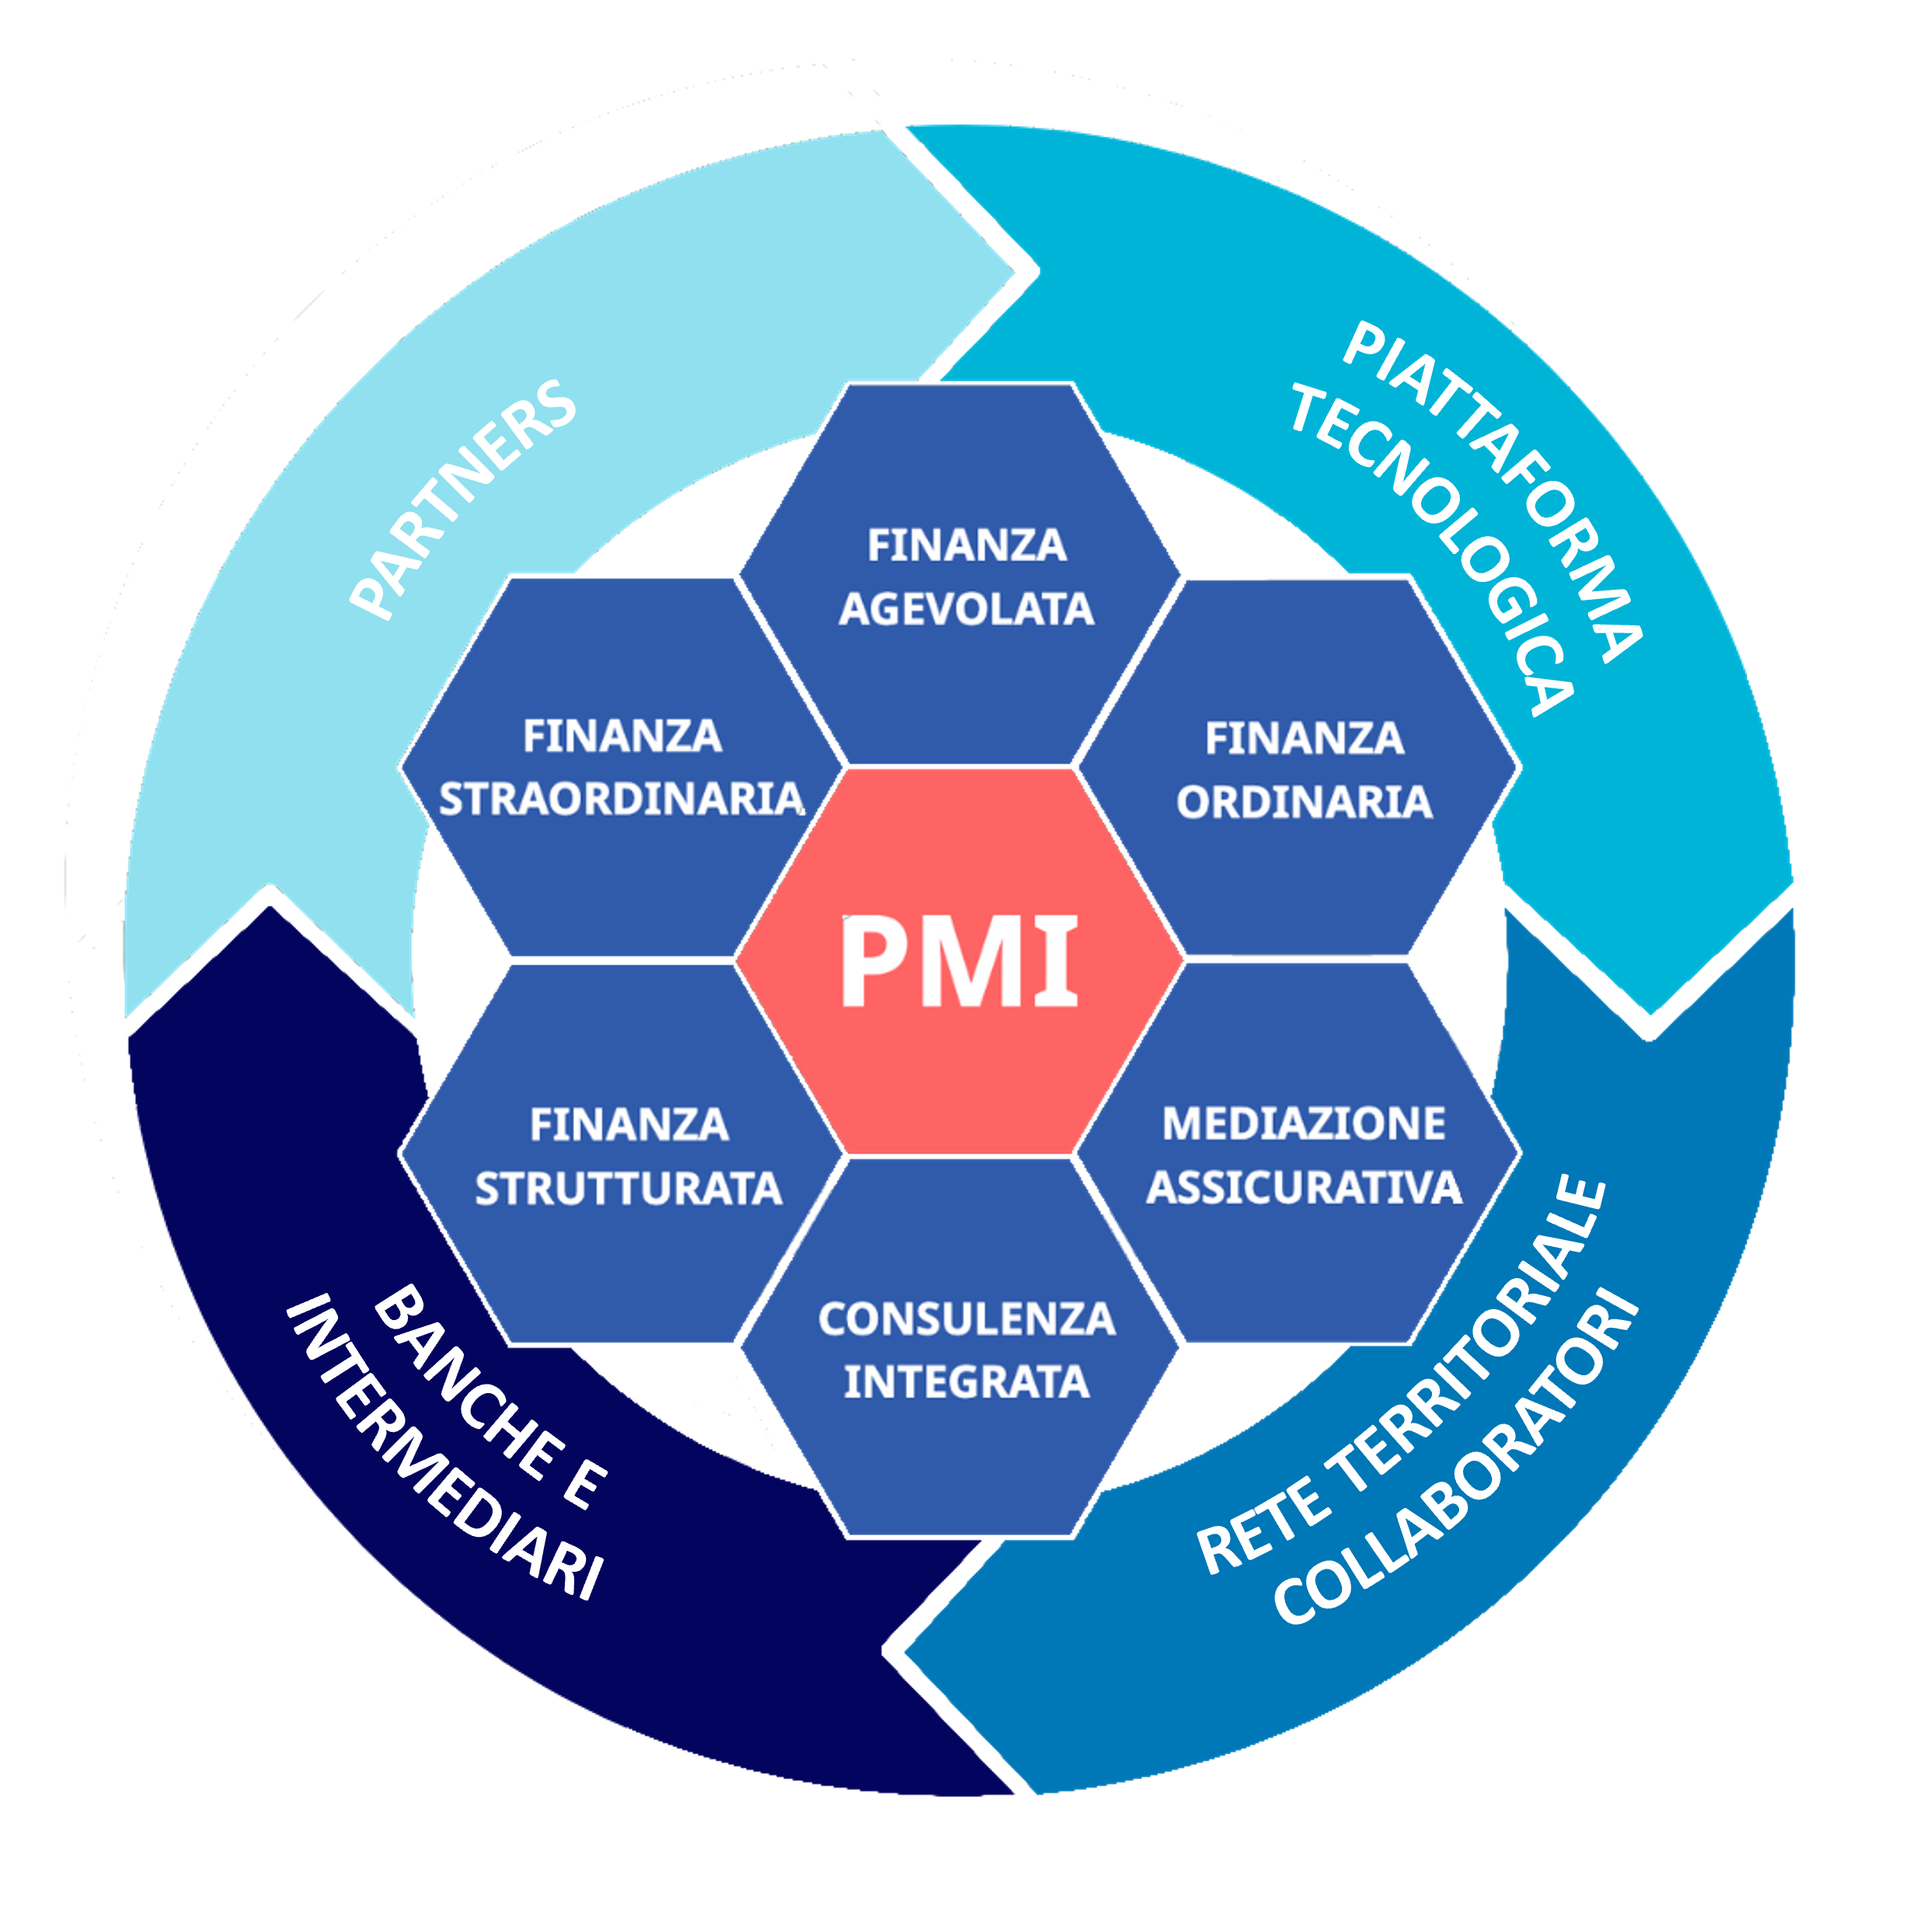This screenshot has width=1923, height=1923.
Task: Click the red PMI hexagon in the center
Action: click(960, 962)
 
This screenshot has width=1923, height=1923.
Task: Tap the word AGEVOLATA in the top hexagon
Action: click(966, 609)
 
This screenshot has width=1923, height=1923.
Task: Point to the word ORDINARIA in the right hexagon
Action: click(1304, 803)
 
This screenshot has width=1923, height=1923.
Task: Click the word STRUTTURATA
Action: click(628, 1190)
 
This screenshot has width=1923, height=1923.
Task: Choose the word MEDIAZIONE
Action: click(1304, 1123)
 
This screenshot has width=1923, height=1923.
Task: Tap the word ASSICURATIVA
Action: click(1304, 1187)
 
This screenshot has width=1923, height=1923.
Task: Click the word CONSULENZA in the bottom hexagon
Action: click(967, 1320)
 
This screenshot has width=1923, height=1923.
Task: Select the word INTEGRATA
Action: click(967, 1381)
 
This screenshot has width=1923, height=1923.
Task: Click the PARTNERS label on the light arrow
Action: click(464, 500)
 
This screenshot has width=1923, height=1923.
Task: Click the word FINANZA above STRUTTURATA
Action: click(629, 1126)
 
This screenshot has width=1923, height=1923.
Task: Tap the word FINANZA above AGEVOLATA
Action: click(967, 545)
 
